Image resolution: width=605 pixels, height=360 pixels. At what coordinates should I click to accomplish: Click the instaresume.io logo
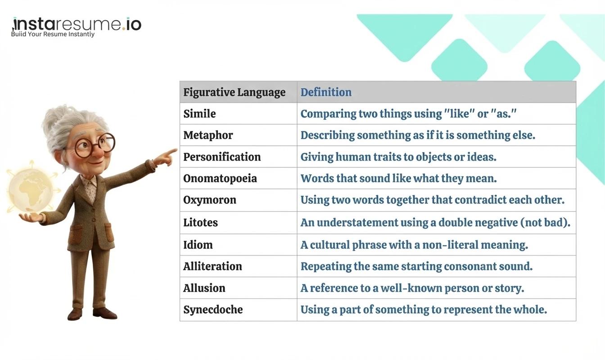(x=77, y=24)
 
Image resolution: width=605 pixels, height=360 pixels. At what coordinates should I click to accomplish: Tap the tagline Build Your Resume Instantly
(x=53, y=34)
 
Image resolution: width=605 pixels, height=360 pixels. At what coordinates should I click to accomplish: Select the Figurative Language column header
(x=234, y=92)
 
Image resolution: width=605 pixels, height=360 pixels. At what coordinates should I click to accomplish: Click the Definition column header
(x=326, y=92)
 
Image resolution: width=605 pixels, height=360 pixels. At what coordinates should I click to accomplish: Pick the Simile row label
(x=199, y=114)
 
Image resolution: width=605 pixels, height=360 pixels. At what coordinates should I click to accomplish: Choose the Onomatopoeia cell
(x=220, y=179)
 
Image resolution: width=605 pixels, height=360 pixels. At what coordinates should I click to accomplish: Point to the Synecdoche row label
(x=213, y=310)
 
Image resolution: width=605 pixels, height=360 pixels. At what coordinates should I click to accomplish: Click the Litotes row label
(x=200, y=223)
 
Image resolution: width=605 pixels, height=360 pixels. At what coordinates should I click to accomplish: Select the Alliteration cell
(x=212, y=266)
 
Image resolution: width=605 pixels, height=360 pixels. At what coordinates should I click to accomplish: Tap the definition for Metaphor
(x=418, y=135)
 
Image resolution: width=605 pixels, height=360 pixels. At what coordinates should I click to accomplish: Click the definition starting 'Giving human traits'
(x=398, y=157)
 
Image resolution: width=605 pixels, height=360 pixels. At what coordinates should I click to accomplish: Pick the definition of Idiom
(x=414, y=245)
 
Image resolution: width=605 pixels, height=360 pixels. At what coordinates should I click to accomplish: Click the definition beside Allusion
(x=412, y=288)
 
